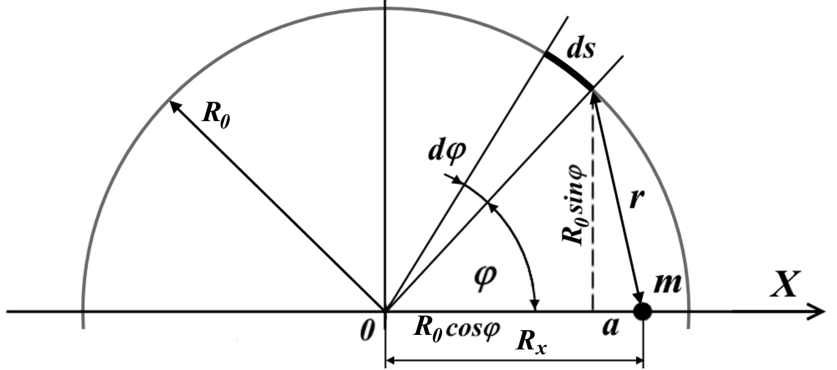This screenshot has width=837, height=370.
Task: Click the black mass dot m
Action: tap(643, 311)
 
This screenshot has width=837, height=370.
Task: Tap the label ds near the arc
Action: tap(580, 50)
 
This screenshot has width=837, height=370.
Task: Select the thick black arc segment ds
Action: tap(568, 70)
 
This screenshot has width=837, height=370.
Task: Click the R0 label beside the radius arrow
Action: tap(215, 114)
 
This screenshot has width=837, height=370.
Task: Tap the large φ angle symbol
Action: tap(485, 277)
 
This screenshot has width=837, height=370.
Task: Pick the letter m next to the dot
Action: tap(667, 283)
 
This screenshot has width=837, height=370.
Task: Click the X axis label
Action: tap(785, 284)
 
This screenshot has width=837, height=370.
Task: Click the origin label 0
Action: tap(368, 330)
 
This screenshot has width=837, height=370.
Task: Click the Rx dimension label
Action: tap(531, 343)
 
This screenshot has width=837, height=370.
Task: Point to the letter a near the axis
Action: tap(611, 327)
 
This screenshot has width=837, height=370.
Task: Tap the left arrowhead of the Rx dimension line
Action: tap(390, 360)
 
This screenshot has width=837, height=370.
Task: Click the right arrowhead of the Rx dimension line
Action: tap(638, 360)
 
